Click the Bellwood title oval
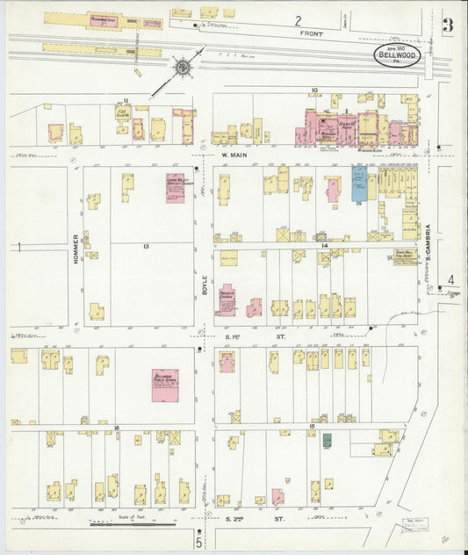(x=398, y=55)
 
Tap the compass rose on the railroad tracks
(x=182, y=67)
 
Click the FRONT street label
(x=311, y=34)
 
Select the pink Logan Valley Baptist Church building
(x=175, y=188)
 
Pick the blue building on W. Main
(x=358, y=184)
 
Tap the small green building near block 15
(x=327, y=440)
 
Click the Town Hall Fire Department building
(x=404, y=256)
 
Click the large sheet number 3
(x=448, y=25)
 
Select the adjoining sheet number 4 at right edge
(x=451, y=280)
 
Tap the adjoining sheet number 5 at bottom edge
(x=198, y=544)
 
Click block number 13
(x=146, y=247)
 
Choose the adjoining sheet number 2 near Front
(x=298, y=19)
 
